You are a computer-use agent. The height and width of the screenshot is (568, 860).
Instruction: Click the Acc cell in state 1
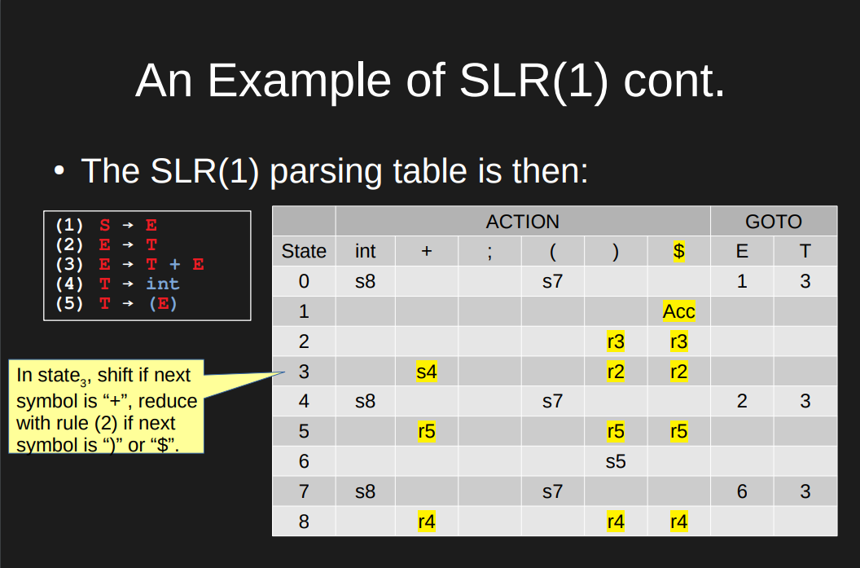pos(678,311)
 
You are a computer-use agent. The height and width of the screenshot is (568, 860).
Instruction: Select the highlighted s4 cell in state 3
pos(426,372)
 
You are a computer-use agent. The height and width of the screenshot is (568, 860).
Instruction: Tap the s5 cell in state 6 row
pos(616,461)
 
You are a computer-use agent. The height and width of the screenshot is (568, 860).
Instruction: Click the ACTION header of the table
pos(522,222)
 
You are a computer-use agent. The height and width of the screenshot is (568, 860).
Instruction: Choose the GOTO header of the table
pos(773,222)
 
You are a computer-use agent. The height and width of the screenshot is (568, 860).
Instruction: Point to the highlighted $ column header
pos(678,252)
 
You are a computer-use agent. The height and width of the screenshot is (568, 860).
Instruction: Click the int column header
pos(366,252)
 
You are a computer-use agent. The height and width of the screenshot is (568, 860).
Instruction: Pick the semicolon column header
pos(489,252)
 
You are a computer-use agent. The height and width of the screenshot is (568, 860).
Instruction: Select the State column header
pos(304,252)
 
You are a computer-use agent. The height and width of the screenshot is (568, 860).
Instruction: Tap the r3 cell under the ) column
pos(616,341)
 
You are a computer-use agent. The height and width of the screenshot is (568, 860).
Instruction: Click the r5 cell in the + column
pos(426,431)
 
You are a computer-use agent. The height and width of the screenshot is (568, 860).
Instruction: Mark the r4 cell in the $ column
pos(678,522)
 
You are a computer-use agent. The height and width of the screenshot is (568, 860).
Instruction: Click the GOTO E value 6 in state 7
pos(741,491)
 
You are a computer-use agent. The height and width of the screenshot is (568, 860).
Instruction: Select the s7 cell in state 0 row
pos(552,282)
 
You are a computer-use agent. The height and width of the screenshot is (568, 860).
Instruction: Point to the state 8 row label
pos(304,522)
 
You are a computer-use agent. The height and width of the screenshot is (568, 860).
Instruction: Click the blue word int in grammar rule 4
pos(162,284)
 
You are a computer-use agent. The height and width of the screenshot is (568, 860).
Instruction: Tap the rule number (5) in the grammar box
pos(69,303)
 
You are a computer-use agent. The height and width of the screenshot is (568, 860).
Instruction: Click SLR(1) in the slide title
pos(533,81)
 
